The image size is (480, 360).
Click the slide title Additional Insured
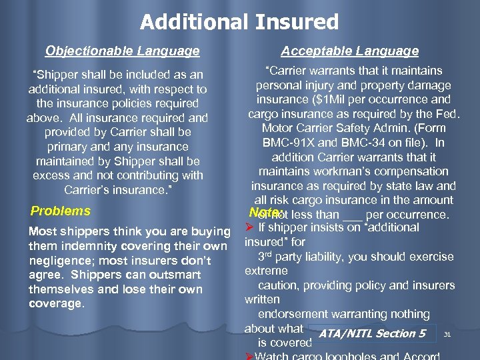coord(239,22)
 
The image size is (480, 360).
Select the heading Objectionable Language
coord(122,51)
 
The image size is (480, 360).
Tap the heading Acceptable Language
coord(350,51)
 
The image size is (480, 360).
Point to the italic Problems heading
coord(61,211)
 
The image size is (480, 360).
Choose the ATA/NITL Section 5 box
coord(372,333)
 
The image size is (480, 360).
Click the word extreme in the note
coord(266,271)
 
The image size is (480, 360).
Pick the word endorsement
coord(294,314)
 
